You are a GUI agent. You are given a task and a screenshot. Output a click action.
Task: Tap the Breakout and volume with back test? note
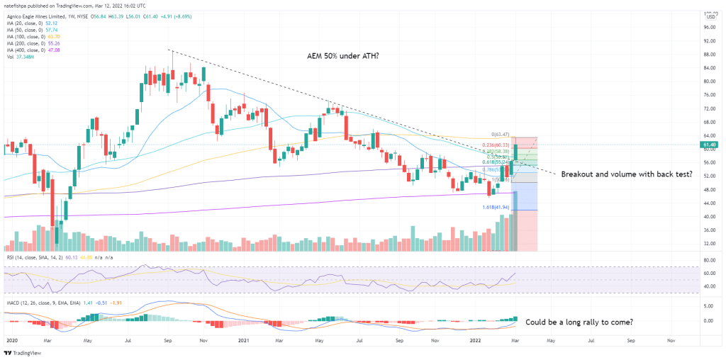627,174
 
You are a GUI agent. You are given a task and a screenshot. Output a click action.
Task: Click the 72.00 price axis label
707,108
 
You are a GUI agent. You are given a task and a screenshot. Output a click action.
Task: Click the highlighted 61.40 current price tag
708,145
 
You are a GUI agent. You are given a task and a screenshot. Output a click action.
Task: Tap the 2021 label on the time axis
245,340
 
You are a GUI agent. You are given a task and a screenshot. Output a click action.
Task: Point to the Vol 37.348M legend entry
20,56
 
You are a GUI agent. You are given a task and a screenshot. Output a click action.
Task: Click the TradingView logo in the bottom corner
22,352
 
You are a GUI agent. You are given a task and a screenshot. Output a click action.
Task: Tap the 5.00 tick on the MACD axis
707,306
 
